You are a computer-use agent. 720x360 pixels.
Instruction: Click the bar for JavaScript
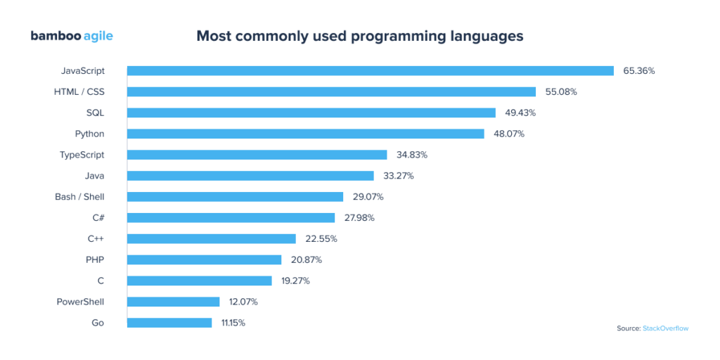pyautogui.click(x=371, y=70)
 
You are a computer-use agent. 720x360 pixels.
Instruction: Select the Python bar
pyautogui.click(x=305, y=134)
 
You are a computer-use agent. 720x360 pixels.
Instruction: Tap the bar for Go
pyautogui.click(x=169, y=323)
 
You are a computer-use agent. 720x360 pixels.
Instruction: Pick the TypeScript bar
pyautogui.click(x=257, y=155)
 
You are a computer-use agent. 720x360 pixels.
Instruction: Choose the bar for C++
pyautogui.click(x=211, y=238)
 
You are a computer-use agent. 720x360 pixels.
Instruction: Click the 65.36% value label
pyautogui.click(x=639, y=70)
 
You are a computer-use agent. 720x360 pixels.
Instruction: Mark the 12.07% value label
pyautogui.click(x=243, y=302)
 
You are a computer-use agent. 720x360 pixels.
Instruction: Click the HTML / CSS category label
pyautogui.click(x=79, y=91)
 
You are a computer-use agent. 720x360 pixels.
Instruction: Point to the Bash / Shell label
pyautogui.click(x=79, y=197)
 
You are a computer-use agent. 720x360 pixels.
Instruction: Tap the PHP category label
pyautogui.click(x=95, y=259)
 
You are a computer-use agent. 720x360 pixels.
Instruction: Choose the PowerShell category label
pyautogui.click(x=80, y=302)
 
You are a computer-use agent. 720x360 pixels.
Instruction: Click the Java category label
pyautogui.click(x=94, y=176)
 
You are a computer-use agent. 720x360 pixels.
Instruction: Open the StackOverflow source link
pyautogui.click(x=665, y=328)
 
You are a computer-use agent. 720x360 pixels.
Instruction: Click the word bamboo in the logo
pyautogui.click(x=53, y=36)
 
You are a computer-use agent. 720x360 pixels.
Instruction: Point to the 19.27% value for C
pyautogui.click(x=295, y=281)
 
